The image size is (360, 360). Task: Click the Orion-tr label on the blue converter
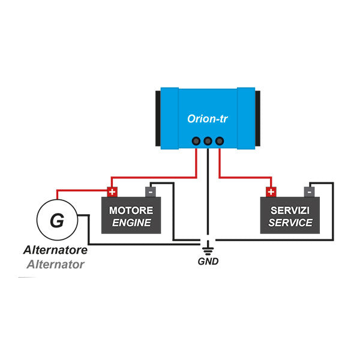[207, 119]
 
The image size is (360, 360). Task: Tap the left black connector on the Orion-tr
[196, 141]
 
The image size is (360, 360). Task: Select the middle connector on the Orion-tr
[208, 141]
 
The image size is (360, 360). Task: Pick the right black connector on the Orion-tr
[219, 141]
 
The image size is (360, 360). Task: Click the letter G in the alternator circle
[56, 220]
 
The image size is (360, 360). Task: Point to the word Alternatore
[55, 250]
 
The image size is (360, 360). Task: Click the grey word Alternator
[55, 263]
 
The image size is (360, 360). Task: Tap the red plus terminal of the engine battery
[112, 192]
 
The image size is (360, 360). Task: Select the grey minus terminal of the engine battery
[150, 192]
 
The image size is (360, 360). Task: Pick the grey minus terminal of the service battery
[309, 192]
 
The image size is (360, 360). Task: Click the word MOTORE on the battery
[131, 211]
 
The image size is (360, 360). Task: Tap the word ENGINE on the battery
[131, 224]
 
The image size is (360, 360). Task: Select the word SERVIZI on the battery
[290, 211]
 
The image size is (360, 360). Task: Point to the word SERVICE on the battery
[290, 223]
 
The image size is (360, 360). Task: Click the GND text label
[208, 262]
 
